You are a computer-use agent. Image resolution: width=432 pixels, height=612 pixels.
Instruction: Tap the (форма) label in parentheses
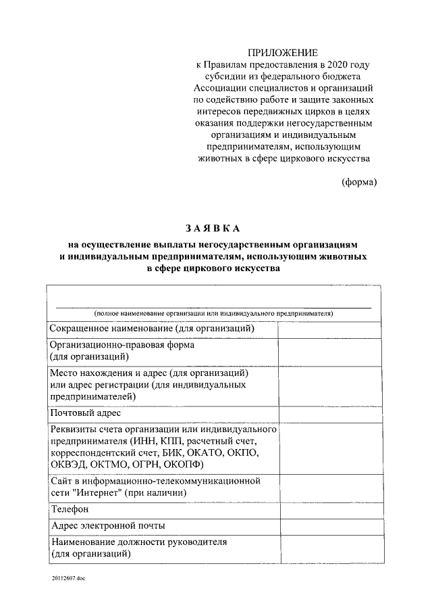[x=358, y=182]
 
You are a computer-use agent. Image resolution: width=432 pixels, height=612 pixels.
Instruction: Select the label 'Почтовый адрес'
[x=86, y=413]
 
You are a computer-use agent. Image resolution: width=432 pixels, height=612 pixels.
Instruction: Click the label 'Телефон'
[x=70, y=509]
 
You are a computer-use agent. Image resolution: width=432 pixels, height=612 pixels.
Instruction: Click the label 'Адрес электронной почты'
[x=108, y=525]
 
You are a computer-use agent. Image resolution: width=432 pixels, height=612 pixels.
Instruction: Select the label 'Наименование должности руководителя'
[x=139, y=542]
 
